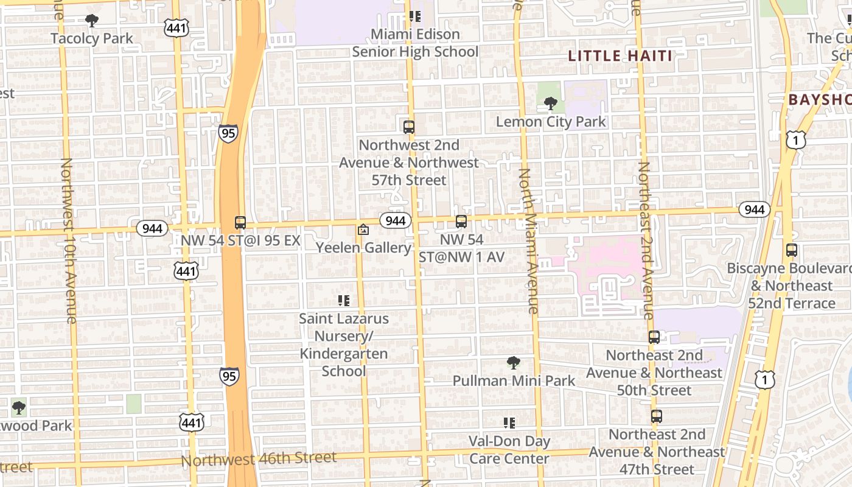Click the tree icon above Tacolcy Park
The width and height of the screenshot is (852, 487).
pos(92,21)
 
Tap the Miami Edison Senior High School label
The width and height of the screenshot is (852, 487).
pos(415,43)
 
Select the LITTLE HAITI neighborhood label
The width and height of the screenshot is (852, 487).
pos(620,56)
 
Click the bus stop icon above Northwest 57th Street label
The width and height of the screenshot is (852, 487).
pos(409,127)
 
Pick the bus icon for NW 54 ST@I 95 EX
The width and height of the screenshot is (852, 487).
pos(240,223)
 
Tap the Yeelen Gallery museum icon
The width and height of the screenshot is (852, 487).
pos(363,229)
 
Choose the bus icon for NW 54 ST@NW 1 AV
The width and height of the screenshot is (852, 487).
pos(461,222)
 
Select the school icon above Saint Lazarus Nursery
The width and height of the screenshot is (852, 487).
pos(343,300)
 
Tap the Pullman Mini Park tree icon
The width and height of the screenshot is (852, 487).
pos(514,363)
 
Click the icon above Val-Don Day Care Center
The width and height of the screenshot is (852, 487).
pos(509,422)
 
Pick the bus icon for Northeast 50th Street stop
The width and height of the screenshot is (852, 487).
pos(654,337)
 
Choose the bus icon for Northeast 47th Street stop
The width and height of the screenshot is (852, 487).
pos(656,416)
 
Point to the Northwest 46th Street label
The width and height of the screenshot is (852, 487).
pos(259,458)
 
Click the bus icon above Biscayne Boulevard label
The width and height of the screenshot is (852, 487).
pos(791,250)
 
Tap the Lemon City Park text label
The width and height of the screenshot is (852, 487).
pos(551,122)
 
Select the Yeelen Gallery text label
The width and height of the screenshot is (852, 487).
pos(363,248)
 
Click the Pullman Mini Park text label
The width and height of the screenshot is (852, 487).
pos(514,381)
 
